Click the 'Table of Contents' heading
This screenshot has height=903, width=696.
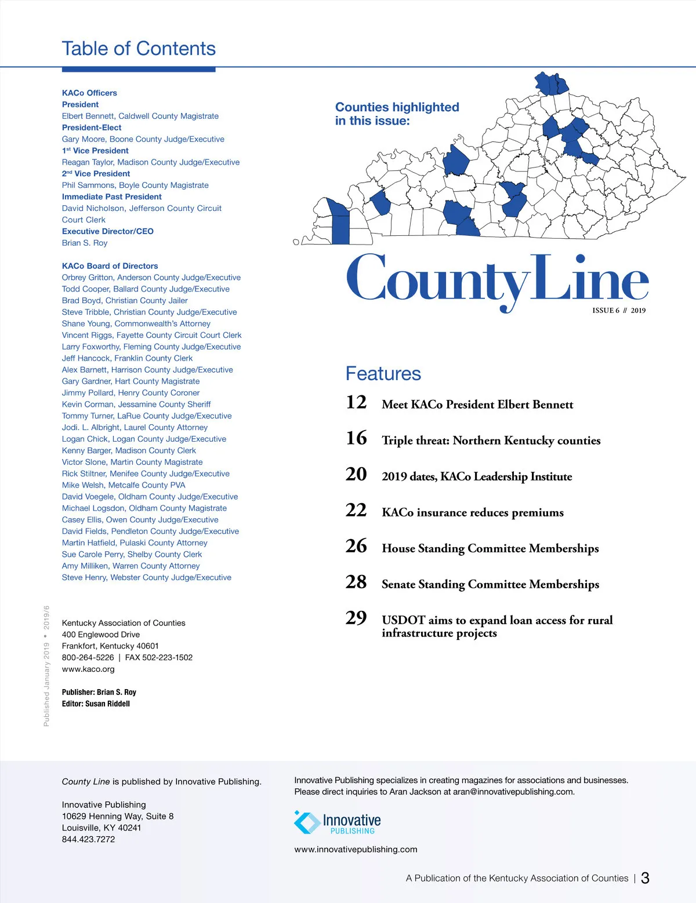click(x=139, y=49)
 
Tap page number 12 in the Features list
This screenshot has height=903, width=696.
click(x=356, y=402)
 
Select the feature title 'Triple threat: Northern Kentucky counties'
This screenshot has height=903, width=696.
click(x=491, y=440)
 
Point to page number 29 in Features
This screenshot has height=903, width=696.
click(x=356, y=618)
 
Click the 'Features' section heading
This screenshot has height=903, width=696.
click(x=383, y=374)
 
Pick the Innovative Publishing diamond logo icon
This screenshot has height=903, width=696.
click(x=307, y=822)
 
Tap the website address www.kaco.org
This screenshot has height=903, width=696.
click(x=88, y=669)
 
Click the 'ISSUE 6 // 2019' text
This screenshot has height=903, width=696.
click(x=618, y=311)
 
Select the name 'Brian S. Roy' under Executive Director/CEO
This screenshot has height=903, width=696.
click(x=85, y=243)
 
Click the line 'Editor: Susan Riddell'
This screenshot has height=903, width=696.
click(x=96, y=704)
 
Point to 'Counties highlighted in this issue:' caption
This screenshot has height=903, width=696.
click(x=397, y=114)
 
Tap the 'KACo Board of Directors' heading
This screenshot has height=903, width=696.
click(x=110, y=266)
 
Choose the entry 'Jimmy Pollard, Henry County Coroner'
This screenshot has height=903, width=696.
click(x=130, y=393)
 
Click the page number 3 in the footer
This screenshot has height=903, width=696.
click(x=645, y=878)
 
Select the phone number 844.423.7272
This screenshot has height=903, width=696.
click(x=88, y=839)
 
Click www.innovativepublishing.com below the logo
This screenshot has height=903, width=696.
click(x=356, y=850)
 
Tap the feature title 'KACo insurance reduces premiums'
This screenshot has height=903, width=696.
click(x=472, y=512)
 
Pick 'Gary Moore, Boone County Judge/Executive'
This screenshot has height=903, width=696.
click(x=143, y=139)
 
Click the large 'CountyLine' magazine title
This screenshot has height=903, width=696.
click(x=496, y=281)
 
